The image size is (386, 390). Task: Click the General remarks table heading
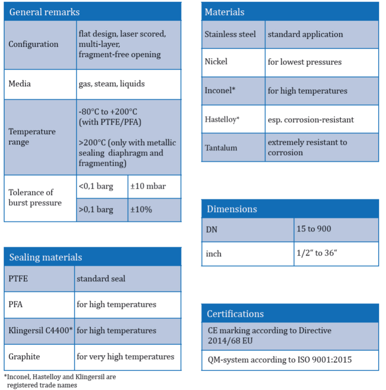tap(44, 12)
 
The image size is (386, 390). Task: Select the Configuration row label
tap(33, 44)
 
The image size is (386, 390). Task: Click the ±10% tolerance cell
tap(141, 209)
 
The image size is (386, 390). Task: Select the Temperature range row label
tap(32, 137)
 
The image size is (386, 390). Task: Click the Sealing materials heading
tap(46, 257)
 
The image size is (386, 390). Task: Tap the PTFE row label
tap(18, 278)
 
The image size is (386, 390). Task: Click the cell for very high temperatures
tap(125, 357)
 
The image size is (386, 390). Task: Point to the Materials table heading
tap(224, 12)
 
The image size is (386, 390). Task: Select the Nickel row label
tap(216, 62)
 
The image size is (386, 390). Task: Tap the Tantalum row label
tap(221, 148)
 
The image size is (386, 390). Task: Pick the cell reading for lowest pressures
tap(304, 62)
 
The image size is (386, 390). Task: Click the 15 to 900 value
tap(314, 229)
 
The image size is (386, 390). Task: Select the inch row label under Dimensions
tap(213, 253)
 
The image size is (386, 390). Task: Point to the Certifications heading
tap(235, 314)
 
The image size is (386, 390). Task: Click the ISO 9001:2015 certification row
tap(280, 360)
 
